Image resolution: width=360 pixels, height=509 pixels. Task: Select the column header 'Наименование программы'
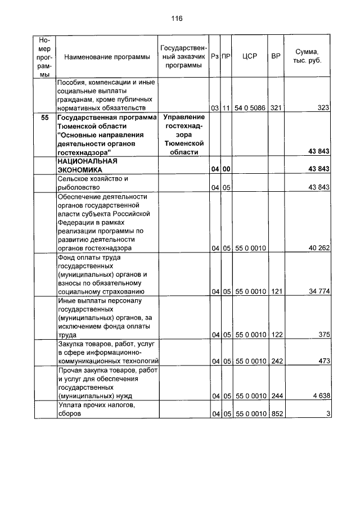tap(107, 57)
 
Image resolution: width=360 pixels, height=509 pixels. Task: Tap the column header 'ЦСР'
tap(249, 56)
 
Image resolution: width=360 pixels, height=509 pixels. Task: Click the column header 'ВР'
tap(276, 56)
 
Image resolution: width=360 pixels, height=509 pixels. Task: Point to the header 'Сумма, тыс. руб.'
tap(307, 56)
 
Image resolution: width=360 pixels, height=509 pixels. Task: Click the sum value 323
tap(322, 107)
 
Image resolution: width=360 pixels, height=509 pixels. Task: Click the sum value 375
tap(323, 335)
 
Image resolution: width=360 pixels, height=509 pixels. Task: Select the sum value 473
tap(323, 361)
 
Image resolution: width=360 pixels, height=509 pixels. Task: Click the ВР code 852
tap(276, 414)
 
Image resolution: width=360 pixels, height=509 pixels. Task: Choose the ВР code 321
tap(276, 107)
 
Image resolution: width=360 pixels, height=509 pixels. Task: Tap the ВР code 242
tap(276, 361)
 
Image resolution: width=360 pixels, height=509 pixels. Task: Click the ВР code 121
tap(276, 291)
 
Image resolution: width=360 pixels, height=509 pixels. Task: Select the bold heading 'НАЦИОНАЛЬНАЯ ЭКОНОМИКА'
tap(87, 165)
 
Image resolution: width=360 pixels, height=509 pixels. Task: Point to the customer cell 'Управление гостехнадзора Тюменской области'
tap(183, 134)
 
